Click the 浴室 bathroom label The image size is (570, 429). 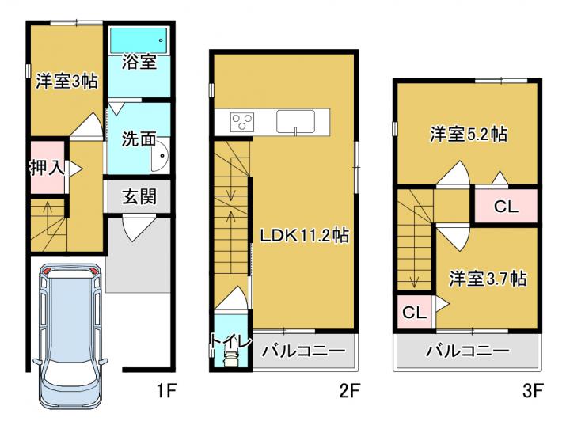(139, 62)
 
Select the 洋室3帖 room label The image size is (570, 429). (66, 81)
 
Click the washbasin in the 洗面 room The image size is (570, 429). (160, 155)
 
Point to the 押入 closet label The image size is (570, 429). (47, 168)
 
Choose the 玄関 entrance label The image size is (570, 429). (139, 196)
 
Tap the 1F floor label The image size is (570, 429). (166, 391)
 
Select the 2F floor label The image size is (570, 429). (349, 391)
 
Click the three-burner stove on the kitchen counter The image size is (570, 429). (242, 122)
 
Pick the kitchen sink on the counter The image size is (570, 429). (295, 121)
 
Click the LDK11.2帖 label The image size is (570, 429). (304, 235)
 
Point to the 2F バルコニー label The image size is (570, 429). (303, 351)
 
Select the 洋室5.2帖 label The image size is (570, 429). (469, 134)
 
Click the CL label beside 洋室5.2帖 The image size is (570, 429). (506, 207)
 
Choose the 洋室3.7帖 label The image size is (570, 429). (488, 279)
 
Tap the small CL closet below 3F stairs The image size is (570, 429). (414, 312)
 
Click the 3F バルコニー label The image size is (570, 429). (468, 351)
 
